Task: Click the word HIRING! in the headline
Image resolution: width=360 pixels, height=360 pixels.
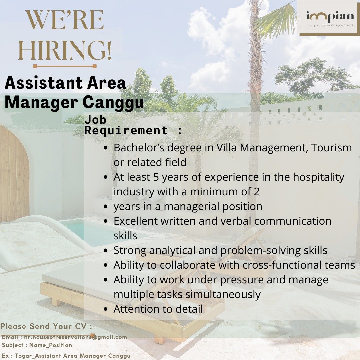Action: tap(65, 50)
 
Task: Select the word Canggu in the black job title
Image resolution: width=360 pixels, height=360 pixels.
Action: tap(113, 102)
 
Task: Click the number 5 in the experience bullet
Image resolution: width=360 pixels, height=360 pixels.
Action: tap(156, 177)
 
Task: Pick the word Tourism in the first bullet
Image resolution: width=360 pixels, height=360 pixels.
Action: tap(331, 147)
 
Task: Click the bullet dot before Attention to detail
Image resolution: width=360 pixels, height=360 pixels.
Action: tap(106, 309)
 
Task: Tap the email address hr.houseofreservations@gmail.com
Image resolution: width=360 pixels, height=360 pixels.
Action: tap(76, 337)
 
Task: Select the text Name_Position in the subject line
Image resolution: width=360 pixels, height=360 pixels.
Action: tap(51, 345)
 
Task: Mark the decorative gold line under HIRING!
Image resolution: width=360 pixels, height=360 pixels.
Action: tap(65, 66)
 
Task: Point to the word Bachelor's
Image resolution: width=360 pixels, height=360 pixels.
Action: tap(139, 147)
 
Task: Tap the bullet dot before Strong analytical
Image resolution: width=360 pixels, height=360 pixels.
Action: tap(106, 250)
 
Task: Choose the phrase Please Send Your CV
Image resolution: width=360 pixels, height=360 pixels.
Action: tap(44, 326)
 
